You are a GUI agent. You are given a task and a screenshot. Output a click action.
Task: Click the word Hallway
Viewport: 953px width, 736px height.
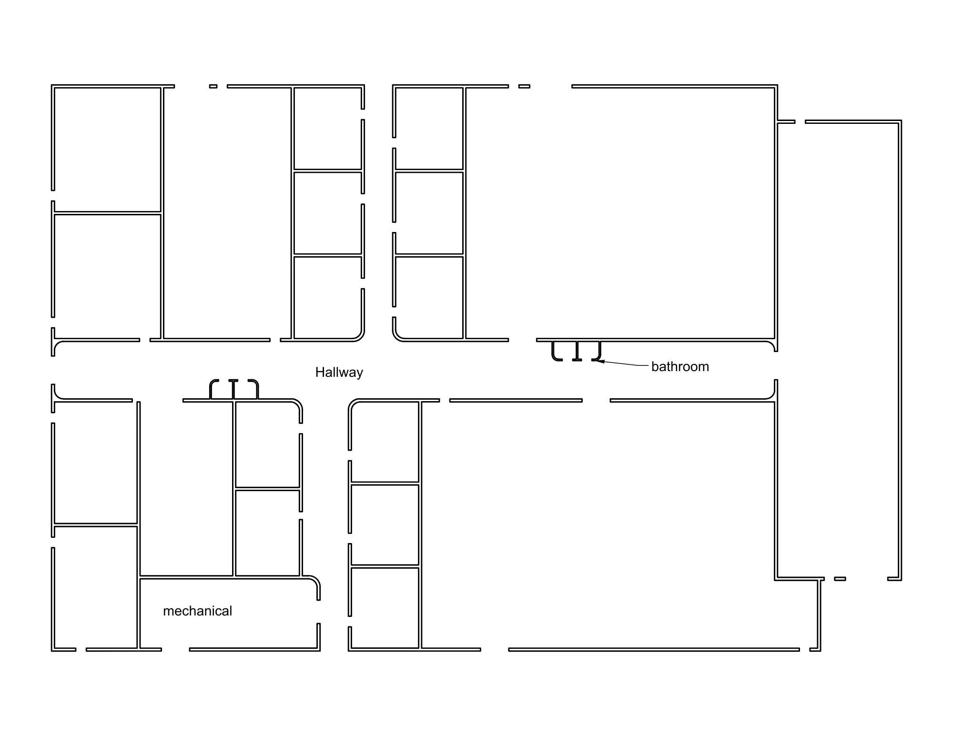coord(339,372)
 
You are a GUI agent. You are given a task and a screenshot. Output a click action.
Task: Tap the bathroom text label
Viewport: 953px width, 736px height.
coord(680,366)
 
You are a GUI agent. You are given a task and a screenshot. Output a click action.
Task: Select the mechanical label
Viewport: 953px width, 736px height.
coord(197,611)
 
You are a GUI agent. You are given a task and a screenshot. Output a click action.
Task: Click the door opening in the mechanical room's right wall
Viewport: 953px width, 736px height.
coord(318,612)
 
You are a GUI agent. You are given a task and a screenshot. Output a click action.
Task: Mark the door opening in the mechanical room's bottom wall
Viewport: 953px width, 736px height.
coord(175,649)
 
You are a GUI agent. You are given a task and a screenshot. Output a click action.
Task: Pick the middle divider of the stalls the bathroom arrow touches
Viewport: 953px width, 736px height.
coord(577,351)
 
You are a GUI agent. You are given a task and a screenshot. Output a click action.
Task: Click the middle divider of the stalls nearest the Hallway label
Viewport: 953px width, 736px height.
coord(233,389)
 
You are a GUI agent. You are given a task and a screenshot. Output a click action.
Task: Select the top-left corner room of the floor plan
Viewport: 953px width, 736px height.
coord(108,149)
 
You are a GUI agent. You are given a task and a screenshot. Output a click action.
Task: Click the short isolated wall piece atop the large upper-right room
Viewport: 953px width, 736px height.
coord(524,86)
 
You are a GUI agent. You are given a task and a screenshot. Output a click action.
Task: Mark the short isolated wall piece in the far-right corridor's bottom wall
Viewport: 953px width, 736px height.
coord(840,579)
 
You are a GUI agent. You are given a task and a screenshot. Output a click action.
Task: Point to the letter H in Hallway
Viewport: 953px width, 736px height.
coord(320,372)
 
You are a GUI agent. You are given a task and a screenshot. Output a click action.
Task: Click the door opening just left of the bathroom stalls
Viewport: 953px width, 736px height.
coord(523,340)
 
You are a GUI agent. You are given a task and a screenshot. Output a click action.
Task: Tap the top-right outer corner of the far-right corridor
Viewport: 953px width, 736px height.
coord(901,121)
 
